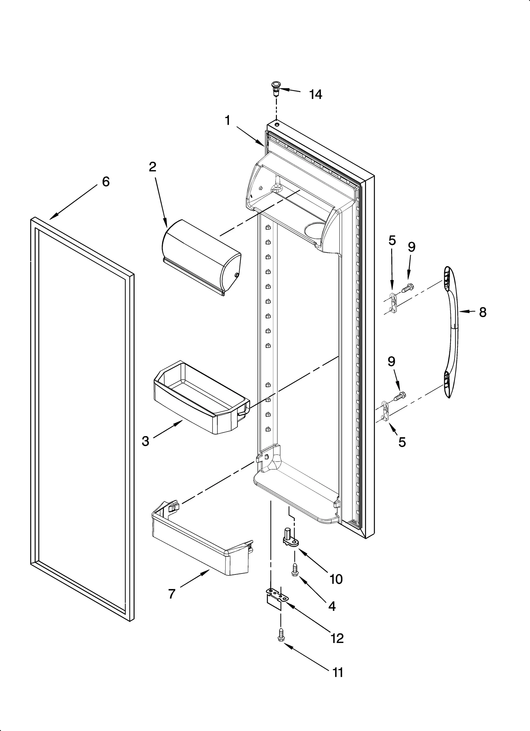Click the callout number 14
pos(315,95)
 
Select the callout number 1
pos(228,121)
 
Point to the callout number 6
pos(105,181)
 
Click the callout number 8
pos(483,312)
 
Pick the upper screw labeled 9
pos(407,289)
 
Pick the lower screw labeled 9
pos(399,396)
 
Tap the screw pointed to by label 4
pos(294,571)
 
